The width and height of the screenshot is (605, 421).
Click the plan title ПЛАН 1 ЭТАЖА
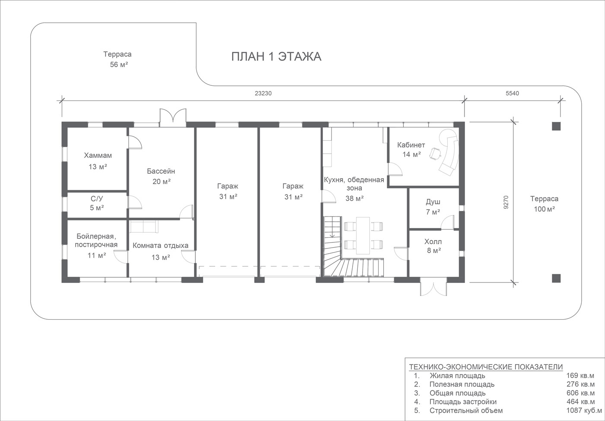(276, 57)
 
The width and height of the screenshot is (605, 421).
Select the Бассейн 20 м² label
(161, 176)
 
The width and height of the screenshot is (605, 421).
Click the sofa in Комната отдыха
(143, 226)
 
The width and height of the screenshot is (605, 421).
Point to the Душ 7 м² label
(433, 207)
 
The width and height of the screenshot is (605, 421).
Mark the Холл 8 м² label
(434, 246)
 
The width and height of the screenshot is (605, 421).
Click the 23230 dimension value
(263, 93)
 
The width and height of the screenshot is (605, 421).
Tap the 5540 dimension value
(513, 93)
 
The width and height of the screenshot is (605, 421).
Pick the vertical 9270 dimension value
(506, 202)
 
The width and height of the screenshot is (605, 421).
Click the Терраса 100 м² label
(544, 204)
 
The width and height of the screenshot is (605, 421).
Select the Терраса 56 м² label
(118, 59)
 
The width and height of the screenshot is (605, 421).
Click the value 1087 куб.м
(584, 411)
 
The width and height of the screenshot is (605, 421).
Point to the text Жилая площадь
(458, 376)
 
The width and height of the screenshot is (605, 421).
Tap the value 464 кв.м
(581, 402)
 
